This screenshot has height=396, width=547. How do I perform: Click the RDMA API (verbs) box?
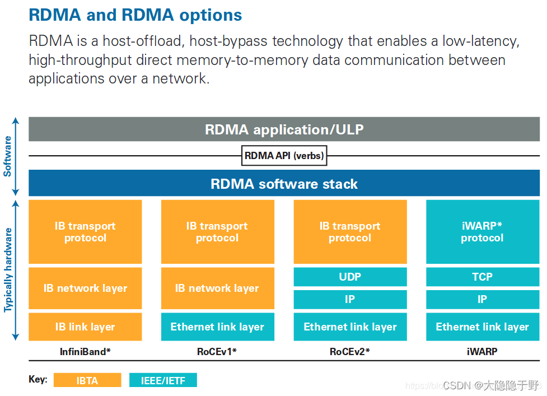(284, 156)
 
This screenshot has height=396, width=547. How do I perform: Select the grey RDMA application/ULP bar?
(284, 129)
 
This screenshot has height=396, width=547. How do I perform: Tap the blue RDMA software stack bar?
(284, 184)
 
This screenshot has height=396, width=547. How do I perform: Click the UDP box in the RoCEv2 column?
(350, 277)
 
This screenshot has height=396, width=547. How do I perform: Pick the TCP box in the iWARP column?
(482, 277)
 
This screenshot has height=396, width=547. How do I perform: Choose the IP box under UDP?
(350, 299)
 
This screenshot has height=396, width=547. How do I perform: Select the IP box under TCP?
(482, 299)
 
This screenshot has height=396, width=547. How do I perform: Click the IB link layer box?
(85, 327)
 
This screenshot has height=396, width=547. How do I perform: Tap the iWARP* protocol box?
(482, 232)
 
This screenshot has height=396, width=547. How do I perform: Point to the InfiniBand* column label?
(85, 352)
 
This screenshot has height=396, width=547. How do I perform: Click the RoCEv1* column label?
(217, 352)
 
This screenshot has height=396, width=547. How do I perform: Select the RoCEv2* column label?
(350, 352)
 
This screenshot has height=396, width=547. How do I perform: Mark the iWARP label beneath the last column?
(482, 352)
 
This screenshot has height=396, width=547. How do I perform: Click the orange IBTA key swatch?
(87, 380)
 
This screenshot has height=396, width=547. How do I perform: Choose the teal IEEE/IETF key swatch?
(163, 380)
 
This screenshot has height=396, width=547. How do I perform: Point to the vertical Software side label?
(8, 156)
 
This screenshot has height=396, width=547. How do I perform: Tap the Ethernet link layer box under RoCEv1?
(217, 327)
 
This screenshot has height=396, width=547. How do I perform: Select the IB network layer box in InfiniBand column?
(85, 288)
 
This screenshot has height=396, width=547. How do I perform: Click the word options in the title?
(211, 15)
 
